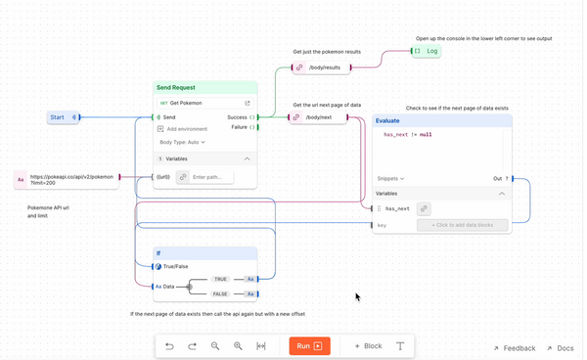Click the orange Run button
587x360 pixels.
(x=309, y=346)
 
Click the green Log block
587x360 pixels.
(x=427, y=50)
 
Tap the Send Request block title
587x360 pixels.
(x=177, y=87)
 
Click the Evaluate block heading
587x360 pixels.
(x=387, y=120)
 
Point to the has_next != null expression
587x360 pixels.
(x=407, y=134)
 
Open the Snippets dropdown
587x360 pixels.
(x=390, y=179)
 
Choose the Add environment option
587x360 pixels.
(x=186, y=129)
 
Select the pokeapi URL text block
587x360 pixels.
(x=70, y=180)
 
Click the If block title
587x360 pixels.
(x=158, y=252)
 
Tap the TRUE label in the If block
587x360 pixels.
(x=220, y=279)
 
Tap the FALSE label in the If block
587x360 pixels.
(x=220, y=293)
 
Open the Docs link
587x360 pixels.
(x=564, y=348)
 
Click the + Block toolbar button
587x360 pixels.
(x=368, y=346)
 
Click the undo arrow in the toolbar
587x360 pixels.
(x=169, y=346)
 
